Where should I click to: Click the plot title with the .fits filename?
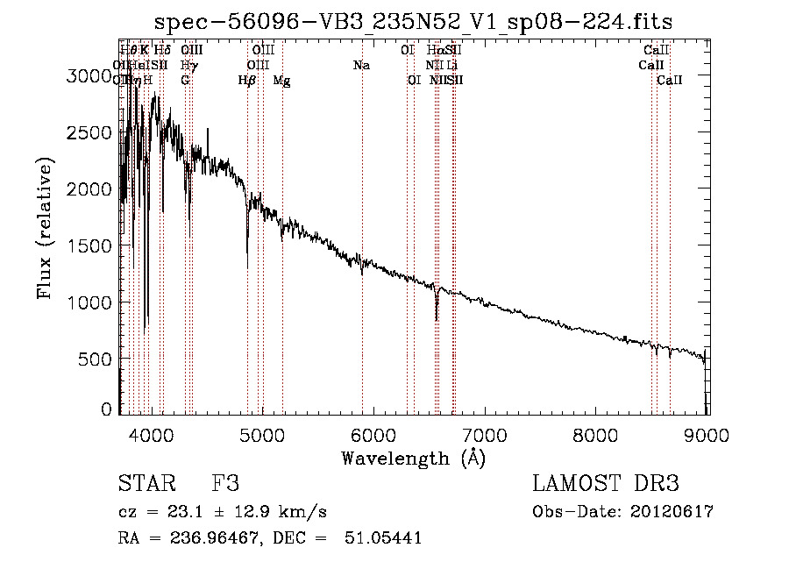coord(413,23)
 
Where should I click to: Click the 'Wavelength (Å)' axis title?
coord(413,458)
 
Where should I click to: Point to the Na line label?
coord(361,65)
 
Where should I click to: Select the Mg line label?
coord(281,81)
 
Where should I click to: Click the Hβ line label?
coord(247,81)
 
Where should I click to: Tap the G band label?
coord(185,80)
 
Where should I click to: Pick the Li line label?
coord(451,65)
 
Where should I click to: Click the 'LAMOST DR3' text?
coord(606,484)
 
